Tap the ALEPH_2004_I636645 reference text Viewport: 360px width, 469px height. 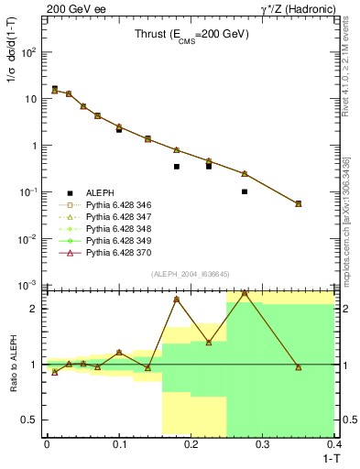(190, 273)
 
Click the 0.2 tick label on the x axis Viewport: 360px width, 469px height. (191, 444)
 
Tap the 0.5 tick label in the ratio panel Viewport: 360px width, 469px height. (32, 420)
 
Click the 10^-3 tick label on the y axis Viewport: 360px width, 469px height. (28, 286)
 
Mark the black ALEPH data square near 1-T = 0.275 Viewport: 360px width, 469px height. (245, 191)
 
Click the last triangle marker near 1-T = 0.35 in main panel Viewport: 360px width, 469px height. (299, 203)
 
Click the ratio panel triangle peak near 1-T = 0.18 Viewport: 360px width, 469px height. (176, 300)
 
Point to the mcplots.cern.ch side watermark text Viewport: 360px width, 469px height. (351, 211)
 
